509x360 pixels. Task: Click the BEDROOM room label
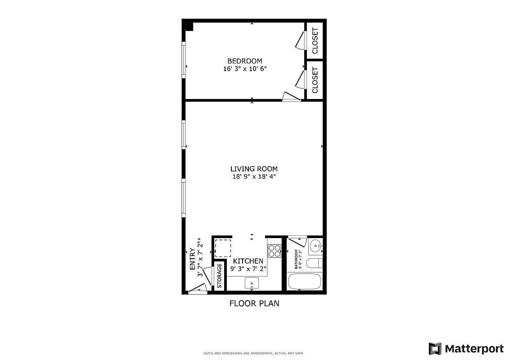[x=244, y=61]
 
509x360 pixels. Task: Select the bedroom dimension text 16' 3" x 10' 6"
[x=244, y=69]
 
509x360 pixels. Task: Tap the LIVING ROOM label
[x=254, y=169]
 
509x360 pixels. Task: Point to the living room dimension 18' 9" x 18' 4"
[x=254, y=177]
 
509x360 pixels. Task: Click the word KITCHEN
[x=248, y=261]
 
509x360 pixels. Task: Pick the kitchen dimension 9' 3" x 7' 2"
[x=248, y=269]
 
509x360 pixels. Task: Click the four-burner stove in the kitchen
[x=275, y=251]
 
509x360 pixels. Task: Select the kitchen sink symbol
[x=252, y=283]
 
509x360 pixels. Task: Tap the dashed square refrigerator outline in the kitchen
[x=222, y=248]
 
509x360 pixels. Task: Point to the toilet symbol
[x=314, y=263]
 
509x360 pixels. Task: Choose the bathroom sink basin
[x=316, y=246]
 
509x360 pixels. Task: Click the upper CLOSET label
[x=315, y=40]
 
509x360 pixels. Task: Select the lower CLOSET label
[x=315, y=80]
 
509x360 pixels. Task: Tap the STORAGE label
[x=220, y=276]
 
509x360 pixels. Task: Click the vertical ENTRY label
[x=193, y=259]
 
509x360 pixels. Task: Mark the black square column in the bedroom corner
[x=189, y=27]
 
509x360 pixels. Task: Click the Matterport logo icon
[x=435, y=349]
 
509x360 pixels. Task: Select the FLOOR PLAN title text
[x=254, y=303]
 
